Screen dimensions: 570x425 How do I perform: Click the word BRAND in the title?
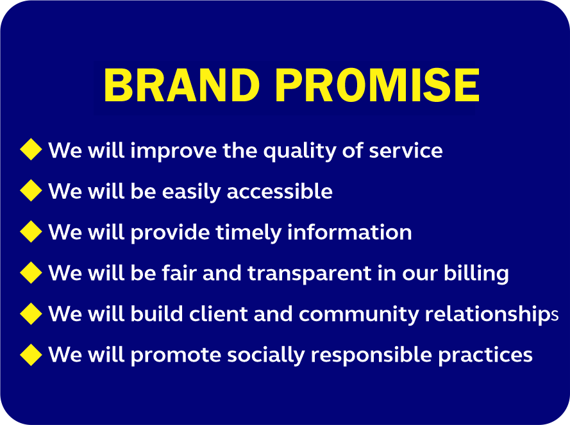[181, 85]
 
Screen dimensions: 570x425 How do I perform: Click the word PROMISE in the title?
[378, 85]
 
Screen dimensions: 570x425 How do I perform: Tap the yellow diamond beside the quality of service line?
[31, 149]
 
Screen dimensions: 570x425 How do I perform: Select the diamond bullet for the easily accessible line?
[31, 190]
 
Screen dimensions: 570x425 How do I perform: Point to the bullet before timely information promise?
[31, 231]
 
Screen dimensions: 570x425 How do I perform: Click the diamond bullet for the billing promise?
[31, 272]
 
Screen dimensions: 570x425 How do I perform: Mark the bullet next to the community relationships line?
[31, 313]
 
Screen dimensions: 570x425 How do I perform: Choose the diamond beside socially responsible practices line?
[31, 354]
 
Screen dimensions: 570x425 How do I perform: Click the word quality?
[300, 151]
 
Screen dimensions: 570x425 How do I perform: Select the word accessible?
[280, 191]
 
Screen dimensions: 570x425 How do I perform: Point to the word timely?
[248, 233]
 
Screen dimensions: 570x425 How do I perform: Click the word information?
[349, 232]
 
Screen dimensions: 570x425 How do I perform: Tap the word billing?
[476, 274]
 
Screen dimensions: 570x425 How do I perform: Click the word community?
[359, 315]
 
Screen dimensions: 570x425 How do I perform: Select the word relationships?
[492, 315]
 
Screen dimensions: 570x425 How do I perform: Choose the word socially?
[265, 356]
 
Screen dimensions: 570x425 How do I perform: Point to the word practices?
[485, 356]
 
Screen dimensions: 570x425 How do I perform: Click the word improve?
[173, 151]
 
